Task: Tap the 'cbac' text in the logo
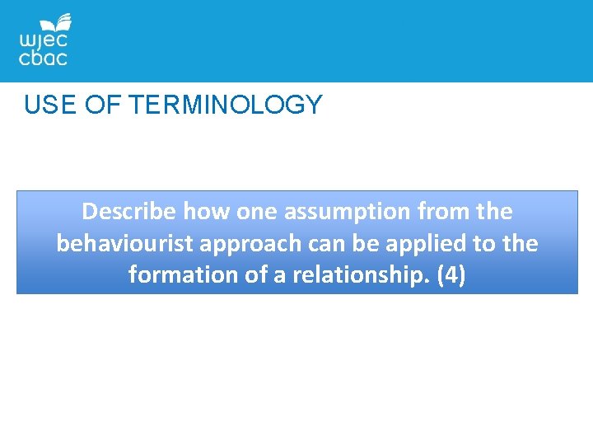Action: tap(43, 58)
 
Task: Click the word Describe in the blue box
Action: tap(129, 212)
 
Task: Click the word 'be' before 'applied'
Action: tap(376, 244)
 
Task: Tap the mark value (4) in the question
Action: tap(451, 275)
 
